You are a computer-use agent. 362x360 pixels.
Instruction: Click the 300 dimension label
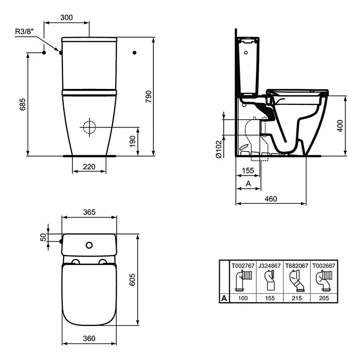click(x=66, y=18)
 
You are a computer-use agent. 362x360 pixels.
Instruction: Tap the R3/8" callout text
click(x=25, y=31)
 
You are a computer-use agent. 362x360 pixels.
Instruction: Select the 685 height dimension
click(x=23, y=104)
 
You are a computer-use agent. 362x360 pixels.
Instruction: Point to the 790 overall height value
click(x=148, y=96)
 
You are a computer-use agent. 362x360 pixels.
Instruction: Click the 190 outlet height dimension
click(x=132, y=142)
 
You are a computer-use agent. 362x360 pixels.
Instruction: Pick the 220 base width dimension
click(x=89, y=167)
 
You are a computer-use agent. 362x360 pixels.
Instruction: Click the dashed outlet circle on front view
click(x=89, y=127)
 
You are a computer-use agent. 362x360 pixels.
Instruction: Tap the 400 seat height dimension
click(x=340, y=126)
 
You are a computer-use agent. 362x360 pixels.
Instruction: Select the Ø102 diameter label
click(x=219, y=149)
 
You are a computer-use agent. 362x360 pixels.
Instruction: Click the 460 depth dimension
click(x=271, y=199)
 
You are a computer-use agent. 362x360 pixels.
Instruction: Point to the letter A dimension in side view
click(x=248, y=184)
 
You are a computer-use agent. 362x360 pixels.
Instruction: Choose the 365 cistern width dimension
click(x=89, y=212)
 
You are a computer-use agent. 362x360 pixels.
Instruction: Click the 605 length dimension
click(x=132, y=280)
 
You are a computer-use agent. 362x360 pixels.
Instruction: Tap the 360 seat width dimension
click(x=89, y=338)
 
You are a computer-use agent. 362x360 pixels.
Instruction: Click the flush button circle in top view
click(x=89, y=245)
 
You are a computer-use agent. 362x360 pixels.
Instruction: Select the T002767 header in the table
click(x=243, y=266)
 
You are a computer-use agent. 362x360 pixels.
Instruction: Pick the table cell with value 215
click(x=297, y=298)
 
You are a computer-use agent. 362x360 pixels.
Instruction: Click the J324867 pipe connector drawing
click(x=269, y=280)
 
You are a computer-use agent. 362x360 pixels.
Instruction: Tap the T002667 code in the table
click(x=324, y=266)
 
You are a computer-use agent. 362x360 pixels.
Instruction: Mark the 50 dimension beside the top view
click(x=43, y=237)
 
